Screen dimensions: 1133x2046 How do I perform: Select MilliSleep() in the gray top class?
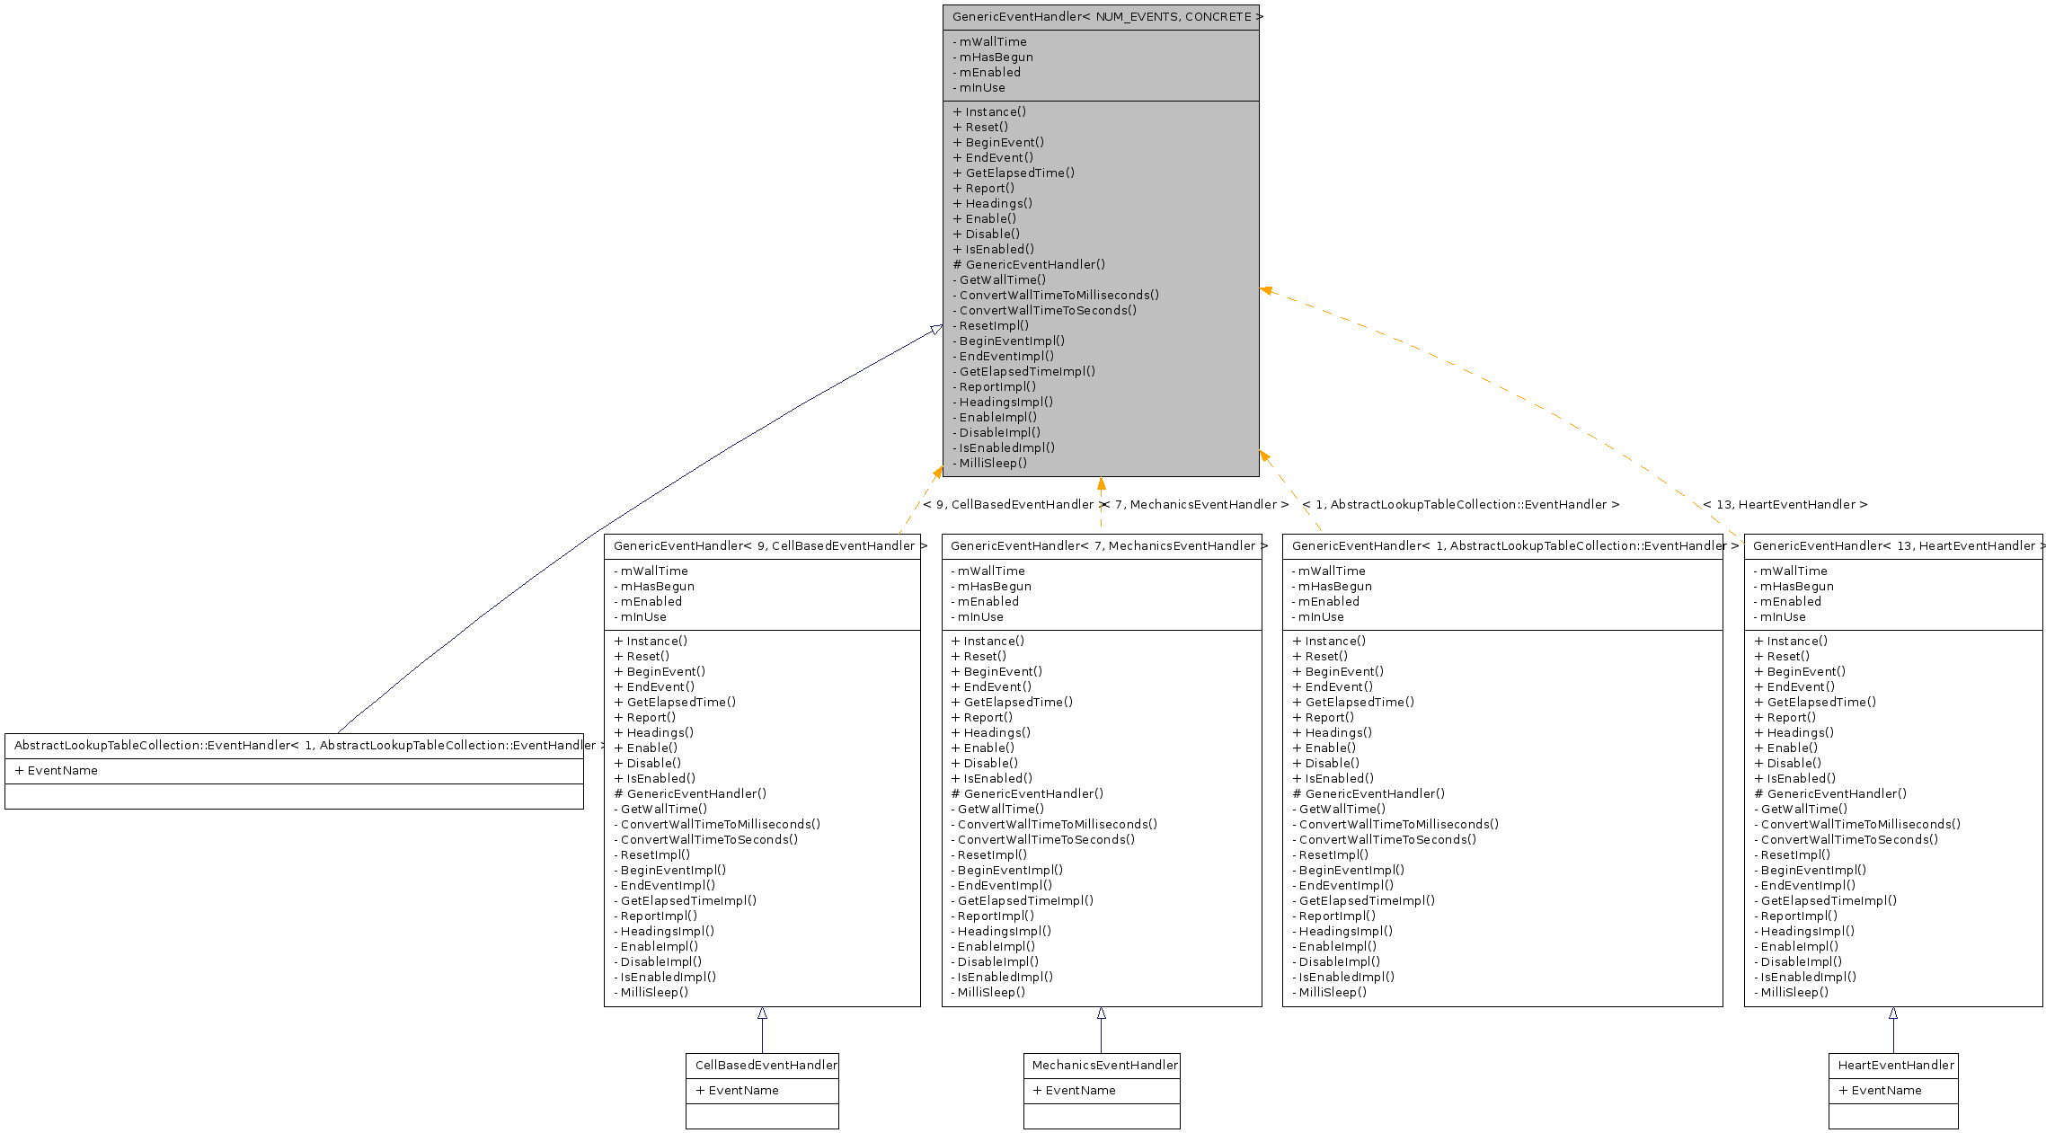(x=992, y=464)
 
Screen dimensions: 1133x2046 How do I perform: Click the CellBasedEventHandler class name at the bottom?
(x=766, y=1066)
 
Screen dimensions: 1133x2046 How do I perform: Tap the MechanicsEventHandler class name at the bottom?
(x=1104, y=1066)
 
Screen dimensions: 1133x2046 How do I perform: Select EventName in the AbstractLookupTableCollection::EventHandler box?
(x=62, y=771)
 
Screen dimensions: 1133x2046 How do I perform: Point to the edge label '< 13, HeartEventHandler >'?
(x=1785, y=505)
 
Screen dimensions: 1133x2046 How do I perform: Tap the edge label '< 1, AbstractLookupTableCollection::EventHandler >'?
(x=1460, y=505)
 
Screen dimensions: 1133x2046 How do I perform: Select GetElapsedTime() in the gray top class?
(x=1019, y=173)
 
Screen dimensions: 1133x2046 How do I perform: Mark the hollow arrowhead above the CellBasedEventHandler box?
(x=762, y=1014)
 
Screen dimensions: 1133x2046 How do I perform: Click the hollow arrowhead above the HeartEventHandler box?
(x=1893, y=1014)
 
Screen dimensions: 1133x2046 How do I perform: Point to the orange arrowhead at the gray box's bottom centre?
(x=1101, y=484)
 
